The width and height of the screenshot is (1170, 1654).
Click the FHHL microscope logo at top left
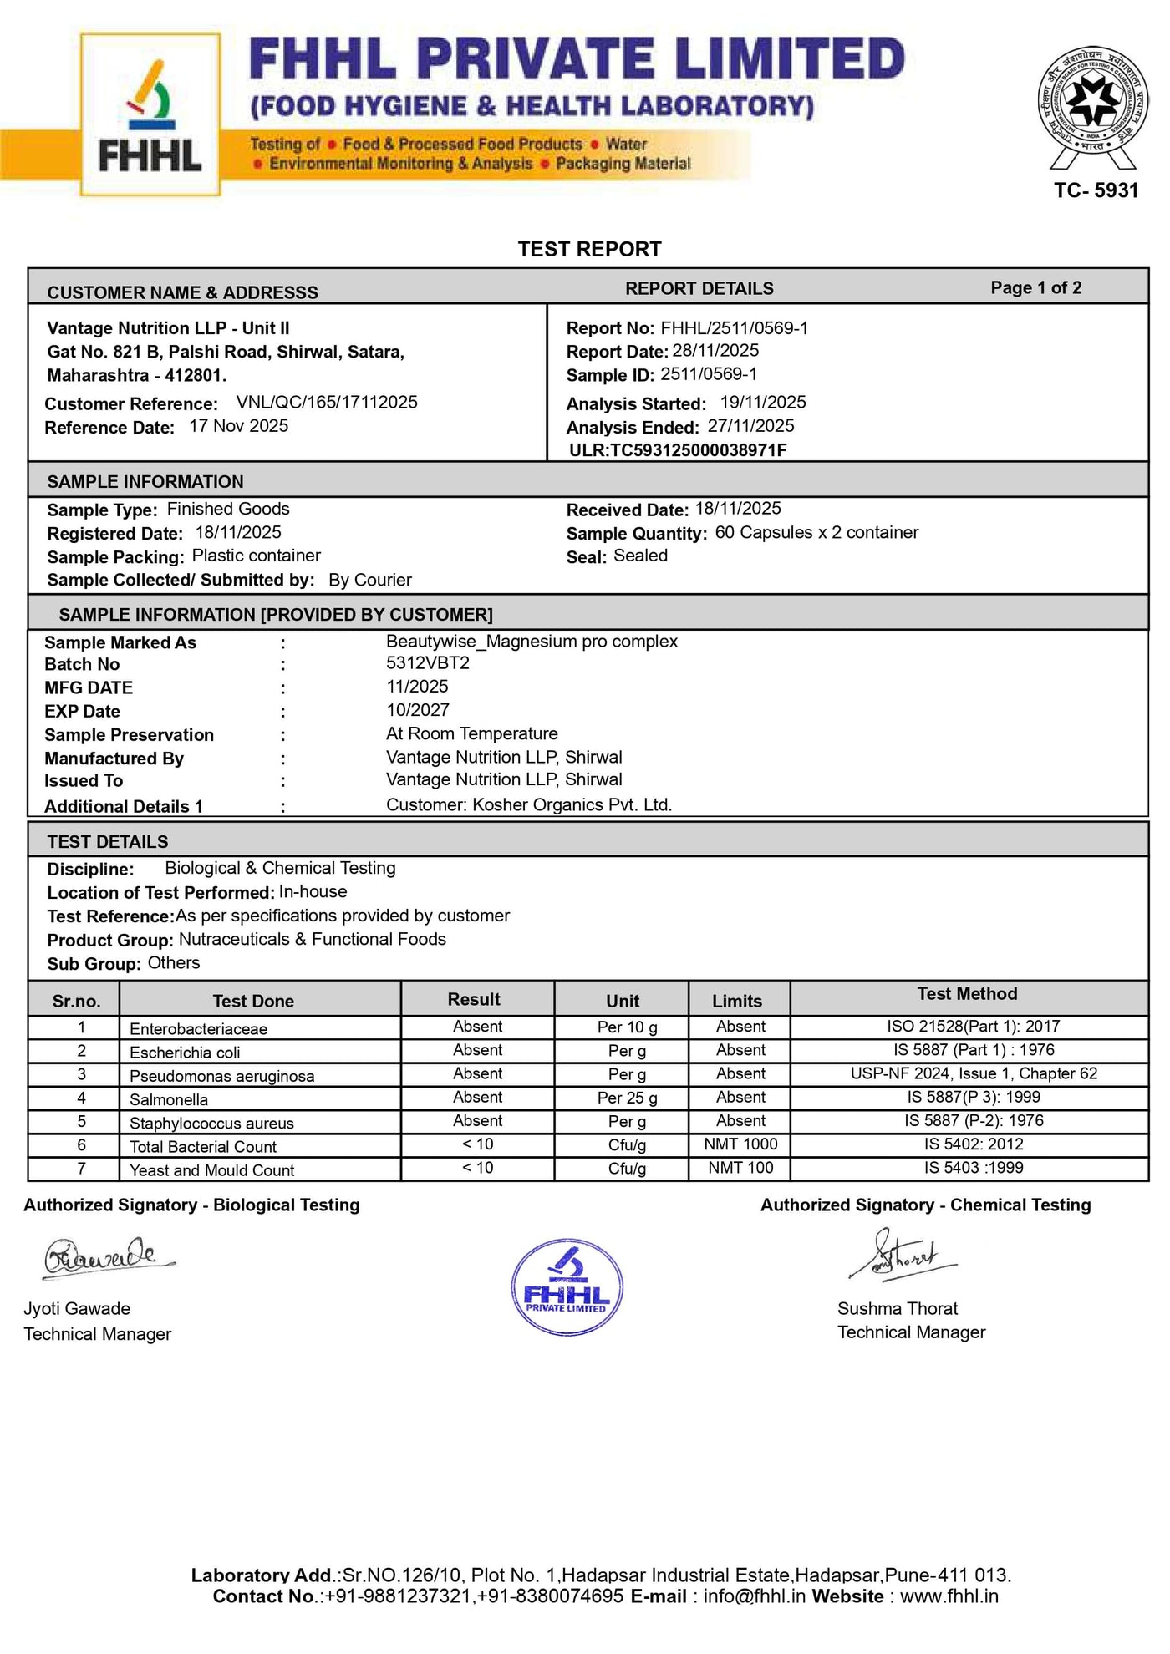(150, 115)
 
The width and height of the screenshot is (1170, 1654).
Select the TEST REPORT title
(589, 249)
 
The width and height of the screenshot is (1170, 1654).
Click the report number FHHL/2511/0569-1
(734, 328)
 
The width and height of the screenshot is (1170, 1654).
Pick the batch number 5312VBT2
(428, 663)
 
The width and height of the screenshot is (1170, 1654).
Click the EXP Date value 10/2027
(418, 710)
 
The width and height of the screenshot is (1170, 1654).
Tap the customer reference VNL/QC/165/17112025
(327, 403)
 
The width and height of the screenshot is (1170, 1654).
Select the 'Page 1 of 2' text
(1035, 288)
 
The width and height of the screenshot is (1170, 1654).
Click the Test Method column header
(967, 994)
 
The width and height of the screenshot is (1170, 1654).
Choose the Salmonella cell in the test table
(169, 1099)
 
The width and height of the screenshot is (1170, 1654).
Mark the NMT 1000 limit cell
(740, 1144)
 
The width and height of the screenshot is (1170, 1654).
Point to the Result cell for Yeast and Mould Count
(477, 1168)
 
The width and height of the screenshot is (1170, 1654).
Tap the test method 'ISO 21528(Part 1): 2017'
(974, 1027)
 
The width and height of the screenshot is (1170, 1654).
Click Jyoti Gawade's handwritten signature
(109, 1258)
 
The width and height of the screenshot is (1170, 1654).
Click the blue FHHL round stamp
(567, 1287)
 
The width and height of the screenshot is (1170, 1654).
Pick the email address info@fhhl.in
(754, 1596)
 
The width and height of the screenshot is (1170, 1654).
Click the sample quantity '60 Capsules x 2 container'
(816, 533)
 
